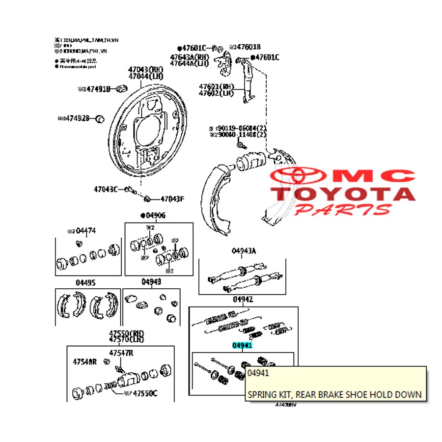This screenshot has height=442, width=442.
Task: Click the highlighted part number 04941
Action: click(x=242, y=346)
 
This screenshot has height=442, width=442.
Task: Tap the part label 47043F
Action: click(x=172, y=199)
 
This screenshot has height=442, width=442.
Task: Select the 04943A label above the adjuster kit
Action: click(x=244, y=251)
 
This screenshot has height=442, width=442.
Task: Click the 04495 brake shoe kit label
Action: click(x=85, y=282)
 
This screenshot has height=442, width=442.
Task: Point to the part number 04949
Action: click(x=151, y=282)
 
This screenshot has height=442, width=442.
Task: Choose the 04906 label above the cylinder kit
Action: click(x=155, y=215)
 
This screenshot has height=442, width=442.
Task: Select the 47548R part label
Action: click(x=85, y=362)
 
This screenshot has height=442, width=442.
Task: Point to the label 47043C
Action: click(x=106, y=189)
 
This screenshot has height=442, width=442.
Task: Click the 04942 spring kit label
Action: click(x=243, y=299)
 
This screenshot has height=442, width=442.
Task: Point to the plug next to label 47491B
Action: click(x=122, y=89)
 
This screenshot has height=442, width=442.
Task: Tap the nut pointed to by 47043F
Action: click(x=147, y=198)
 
